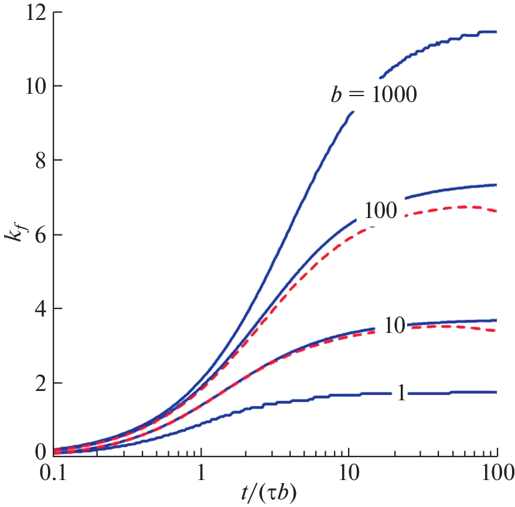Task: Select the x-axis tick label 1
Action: tap(202, 472)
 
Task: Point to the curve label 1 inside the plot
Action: tap(401, 393)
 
